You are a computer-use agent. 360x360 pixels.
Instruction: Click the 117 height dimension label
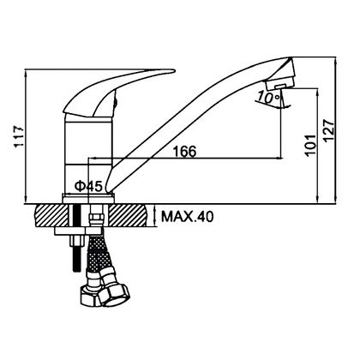click(x=20, y=136)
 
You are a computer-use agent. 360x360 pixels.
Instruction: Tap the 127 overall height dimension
click(x=328, y=130)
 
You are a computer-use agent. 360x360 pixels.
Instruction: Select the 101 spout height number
click(x=310, y=145)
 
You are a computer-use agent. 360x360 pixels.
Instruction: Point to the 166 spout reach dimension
click(x=185, y=151)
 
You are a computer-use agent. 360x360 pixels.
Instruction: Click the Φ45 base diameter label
click(x=88, y=187)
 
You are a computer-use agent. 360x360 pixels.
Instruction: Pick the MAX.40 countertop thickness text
click(x=187, y=217)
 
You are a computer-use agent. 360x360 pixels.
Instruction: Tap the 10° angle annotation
click(x=268, y=98)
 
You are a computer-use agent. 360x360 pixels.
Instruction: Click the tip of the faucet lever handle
click(x=173, y=70)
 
